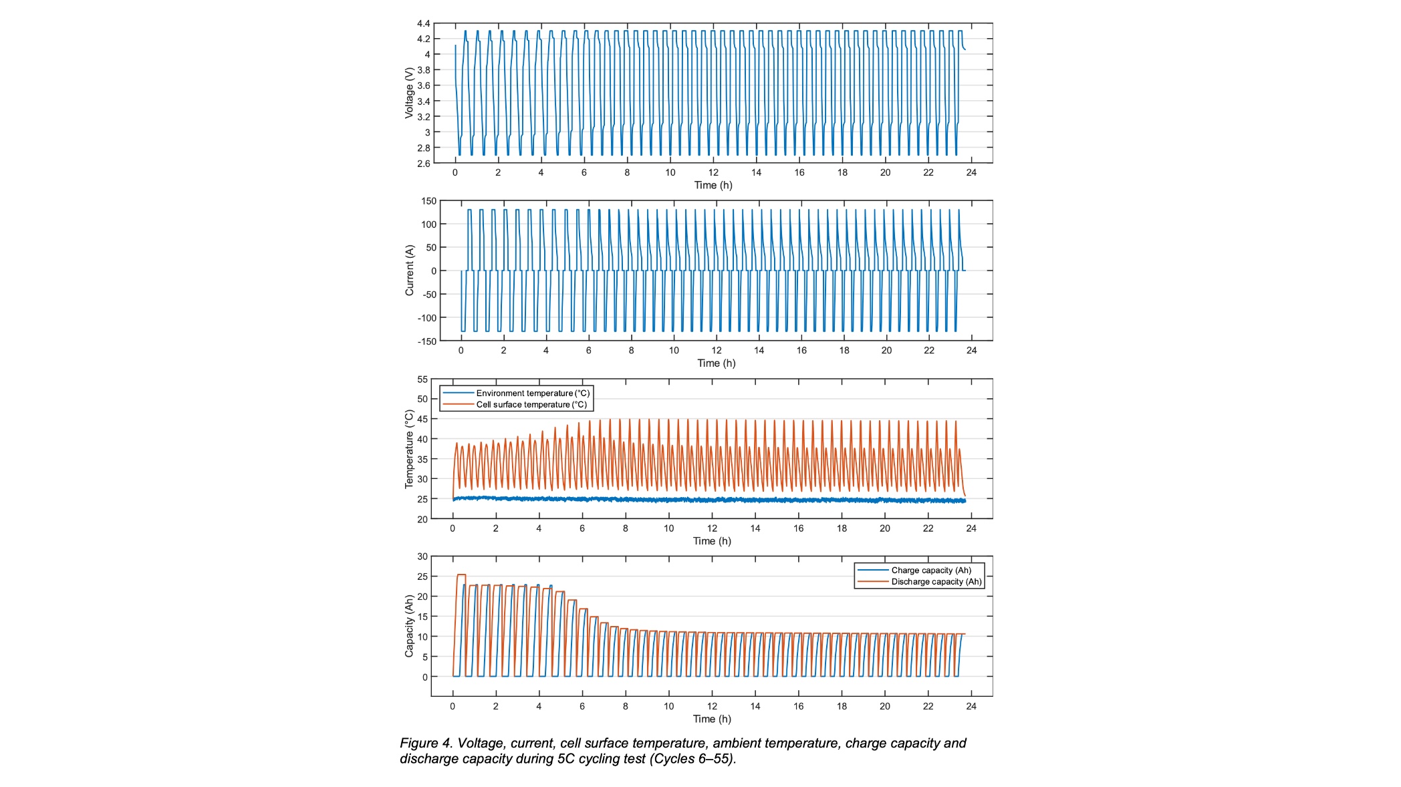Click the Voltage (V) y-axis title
pyautogui.click(x=408, y=93)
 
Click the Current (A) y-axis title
pyautogui.click(x=409, y=271)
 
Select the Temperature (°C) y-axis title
pyautogui.click(x=409, y=449)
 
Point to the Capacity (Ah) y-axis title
pyautogui.click(x=409, y=626)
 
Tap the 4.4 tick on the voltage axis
pyautogui.click(x=423, y=24)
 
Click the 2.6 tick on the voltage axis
pyautogui.click(x=423, y=164)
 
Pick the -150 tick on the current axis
pyautogui.click(x=427, y=341)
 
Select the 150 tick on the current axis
pyautogui.click(x=428, y=201)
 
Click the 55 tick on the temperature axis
pyautogui.click(x=422, y=379)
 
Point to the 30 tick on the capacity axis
pyautogui.click(x=422, y=557)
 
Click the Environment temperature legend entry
pyautogui.click(x=533, y=393)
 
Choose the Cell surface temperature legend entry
pyautogui.click(x=531, y=405)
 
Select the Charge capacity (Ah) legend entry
pyautogui.click(x=930, y=571)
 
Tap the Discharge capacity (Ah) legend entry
pyautogui.click(x=936, y=582)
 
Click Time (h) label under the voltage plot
pyautogui.click(x=713, y=185)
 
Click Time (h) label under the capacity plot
pyautogui.click(x=712, y=719)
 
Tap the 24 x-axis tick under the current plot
pyautogui.click(x=971, y=350)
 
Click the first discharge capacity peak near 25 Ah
pyautogui.click(x=461, y=575)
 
